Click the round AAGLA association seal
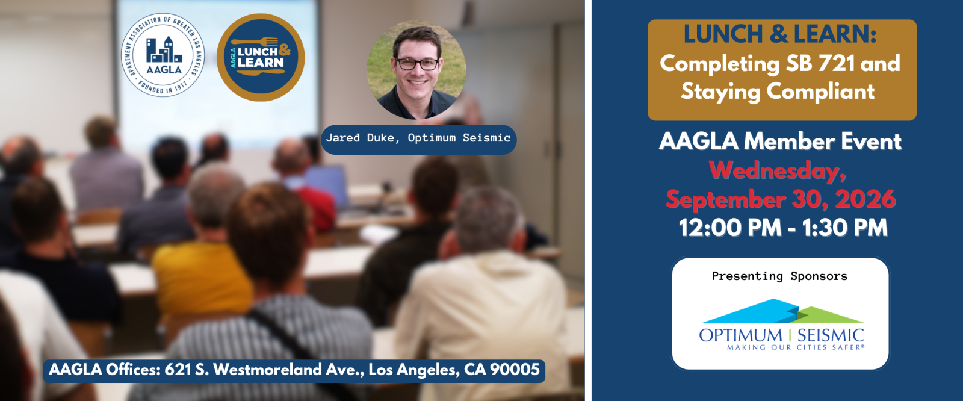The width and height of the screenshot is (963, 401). point(163,55)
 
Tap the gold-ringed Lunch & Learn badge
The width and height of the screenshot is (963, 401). point(261,57)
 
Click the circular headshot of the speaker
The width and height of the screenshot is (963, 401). point(416,70)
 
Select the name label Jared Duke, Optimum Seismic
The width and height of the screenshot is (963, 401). point(418,138)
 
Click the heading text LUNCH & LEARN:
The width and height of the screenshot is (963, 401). point(780,34)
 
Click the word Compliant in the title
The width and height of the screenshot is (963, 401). point(820,91)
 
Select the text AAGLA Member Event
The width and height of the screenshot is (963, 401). point(780,141)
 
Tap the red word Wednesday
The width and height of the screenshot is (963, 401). point(777,170)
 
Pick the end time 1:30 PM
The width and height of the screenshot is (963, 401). point(845,228)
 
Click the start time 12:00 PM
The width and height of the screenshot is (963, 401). point(729,228)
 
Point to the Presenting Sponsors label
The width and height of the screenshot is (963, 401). point(779,276)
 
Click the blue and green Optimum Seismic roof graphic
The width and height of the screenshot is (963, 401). point(782,311)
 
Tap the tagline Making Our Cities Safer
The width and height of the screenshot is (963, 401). point(795,347)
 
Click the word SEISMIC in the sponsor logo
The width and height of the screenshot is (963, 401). point(831,335)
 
